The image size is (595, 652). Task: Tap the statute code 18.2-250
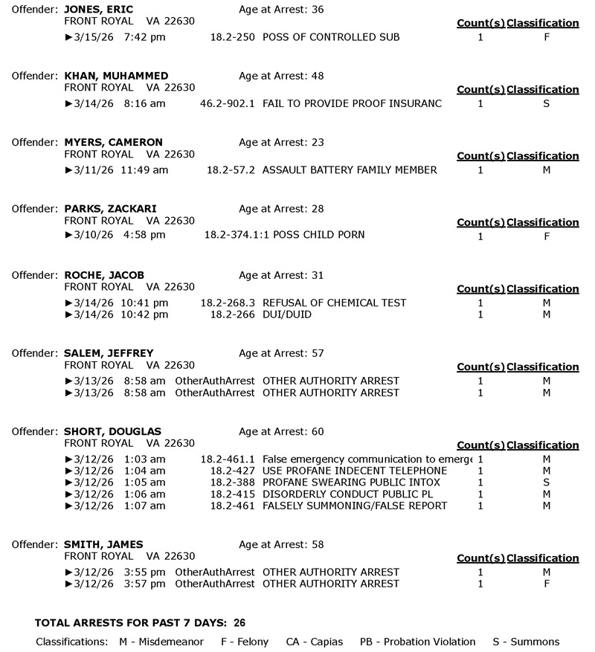coord(233,36)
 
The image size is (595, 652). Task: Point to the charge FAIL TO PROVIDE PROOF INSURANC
coord(352,103)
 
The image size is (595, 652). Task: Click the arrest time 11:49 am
coord(144,170)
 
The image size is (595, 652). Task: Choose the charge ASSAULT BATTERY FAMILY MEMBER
coord(350,170)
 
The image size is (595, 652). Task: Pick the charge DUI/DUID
coord(287,314)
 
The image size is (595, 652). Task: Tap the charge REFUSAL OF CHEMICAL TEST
coord(334,303)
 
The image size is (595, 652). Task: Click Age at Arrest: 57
coord(281,353)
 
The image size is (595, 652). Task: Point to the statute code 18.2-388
coord(233,482)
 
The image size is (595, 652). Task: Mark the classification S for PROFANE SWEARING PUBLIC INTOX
coord(546,482)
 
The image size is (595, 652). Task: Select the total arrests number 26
coord(239,622)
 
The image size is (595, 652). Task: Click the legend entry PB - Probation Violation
coord(417,642)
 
